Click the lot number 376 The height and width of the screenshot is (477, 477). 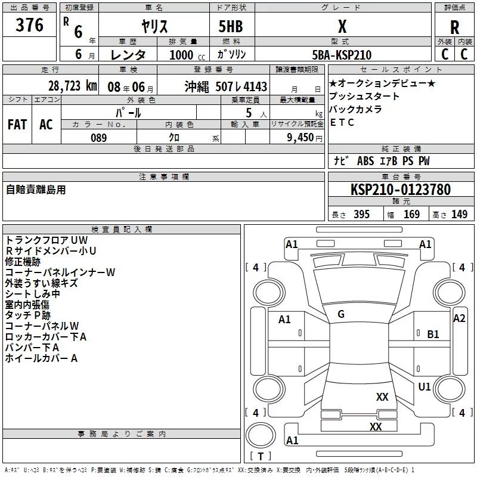[30, 25]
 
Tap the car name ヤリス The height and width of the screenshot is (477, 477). [154, 26]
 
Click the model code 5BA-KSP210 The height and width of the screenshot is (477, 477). [342, 55]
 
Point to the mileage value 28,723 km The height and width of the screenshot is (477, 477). [72, 86]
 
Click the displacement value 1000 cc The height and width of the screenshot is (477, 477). [178, 55]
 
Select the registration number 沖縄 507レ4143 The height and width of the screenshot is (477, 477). [226, 86]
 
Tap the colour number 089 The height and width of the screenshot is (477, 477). [98, 138]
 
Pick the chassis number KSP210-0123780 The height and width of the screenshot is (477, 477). [400, 190]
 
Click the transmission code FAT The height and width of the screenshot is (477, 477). [17, 124]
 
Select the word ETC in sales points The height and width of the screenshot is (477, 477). [342, 123]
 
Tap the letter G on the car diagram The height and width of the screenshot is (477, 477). [341, 314]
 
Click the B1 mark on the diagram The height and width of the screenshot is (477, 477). [433, 334]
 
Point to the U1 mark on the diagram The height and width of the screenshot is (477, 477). [425, 387]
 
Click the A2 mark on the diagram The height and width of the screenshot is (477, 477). [459, 318]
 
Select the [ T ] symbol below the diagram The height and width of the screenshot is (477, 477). [262, 457]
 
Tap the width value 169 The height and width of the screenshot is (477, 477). [411, 215]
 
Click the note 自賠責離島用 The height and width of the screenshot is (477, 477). [36, 190]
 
